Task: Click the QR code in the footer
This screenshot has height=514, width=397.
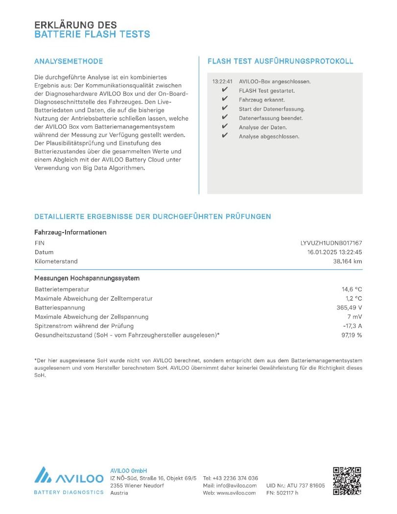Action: [x=347, y=481]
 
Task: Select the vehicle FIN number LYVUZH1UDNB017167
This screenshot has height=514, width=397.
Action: [x=331, y=243]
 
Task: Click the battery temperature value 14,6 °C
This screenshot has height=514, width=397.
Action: [x=351, y=289]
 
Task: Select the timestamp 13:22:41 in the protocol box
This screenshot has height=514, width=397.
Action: [x=222, y=81]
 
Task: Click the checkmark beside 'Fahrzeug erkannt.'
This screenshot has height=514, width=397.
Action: [x=225, y=99]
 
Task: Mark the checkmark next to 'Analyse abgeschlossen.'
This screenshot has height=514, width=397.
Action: [x=225, y=136]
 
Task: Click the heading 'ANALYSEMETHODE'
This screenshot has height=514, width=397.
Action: [x=69, y=61]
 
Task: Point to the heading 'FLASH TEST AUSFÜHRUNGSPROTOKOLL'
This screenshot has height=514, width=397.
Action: [x=280, y=61]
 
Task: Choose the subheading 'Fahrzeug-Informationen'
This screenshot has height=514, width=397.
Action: [x=70, y=233]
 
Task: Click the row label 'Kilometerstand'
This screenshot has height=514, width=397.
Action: [x=56, y=261]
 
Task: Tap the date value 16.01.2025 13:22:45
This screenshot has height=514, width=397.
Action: [x=334, y=252]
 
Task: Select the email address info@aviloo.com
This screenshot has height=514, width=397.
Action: [x=236, y=486]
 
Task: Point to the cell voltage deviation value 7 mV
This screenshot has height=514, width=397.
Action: [x=354, y=317]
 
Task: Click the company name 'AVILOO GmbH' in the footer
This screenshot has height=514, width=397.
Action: [x=129, y=470]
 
